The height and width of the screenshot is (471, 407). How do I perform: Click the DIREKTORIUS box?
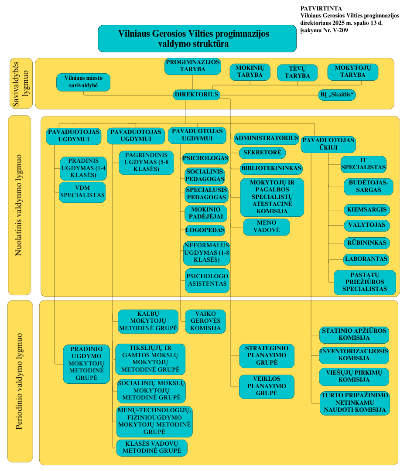(196, 95)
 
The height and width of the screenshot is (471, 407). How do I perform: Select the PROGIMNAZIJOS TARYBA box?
(192, 66)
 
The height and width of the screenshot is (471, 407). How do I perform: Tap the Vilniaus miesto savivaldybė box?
(83, 82)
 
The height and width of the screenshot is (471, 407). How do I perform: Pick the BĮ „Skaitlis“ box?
(337, 95)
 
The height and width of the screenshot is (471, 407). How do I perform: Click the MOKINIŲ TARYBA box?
(250, 72)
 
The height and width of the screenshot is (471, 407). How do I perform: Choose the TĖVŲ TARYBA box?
(297, 72)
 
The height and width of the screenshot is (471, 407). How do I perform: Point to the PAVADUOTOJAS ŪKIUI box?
(328, 144)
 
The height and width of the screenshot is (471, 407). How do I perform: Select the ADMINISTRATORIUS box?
(267, 139)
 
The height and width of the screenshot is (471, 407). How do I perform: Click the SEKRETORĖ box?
(262, 153)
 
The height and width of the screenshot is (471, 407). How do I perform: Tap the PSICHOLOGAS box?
(205, 158)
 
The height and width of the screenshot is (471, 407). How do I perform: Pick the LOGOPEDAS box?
(205, 230)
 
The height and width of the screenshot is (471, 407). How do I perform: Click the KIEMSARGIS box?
(366, 210)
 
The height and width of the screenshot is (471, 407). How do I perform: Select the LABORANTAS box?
(366, 259)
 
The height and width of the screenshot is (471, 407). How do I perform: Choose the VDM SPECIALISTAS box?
(82, 192)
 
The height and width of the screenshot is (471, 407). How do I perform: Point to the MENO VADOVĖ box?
(266, 227)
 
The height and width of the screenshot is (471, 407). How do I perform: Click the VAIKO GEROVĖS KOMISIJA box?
(205, 321)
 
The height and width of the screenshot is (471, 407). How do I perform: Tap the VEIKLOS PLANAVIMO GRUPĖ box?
(267, 386)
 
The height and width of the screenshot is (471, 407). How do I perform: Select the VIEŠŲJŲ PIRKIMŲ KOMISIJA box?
(354, 376)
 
